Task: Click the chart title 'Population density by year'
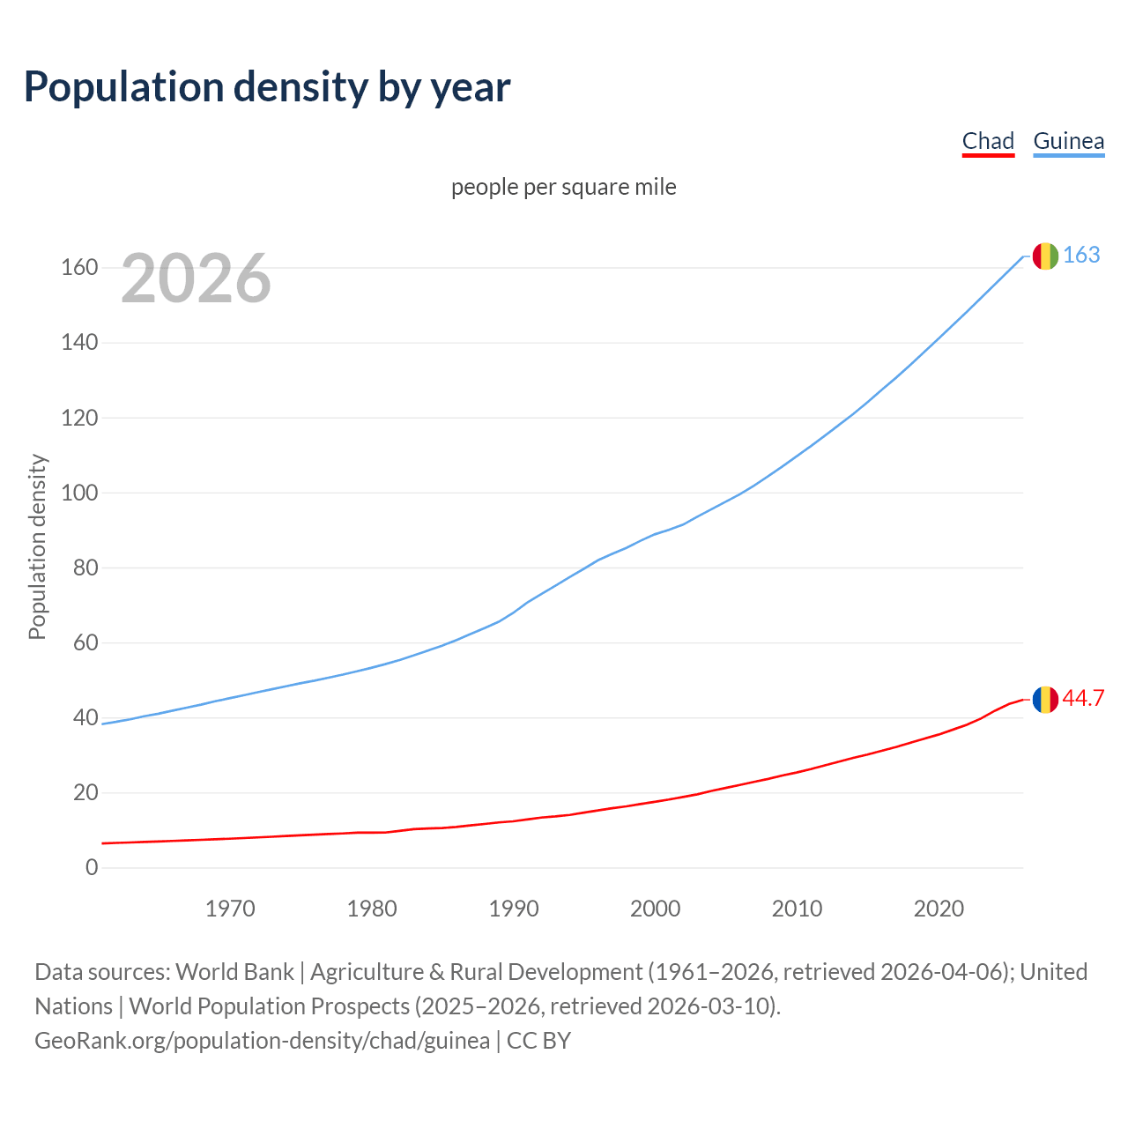(x=267, y=86)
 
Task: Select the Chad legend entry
(x=988, y=141)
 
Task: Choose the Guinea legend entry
(x=1068, y=141)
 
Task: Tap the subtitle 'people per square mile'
(x=563, y=187)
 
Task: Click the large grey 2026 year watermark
(x=196, y=278)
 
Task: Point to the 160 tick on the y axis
(x=79, y=267)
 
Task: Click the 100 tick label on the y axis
(x=79, y=493)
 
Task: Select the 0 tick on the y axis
(x=92, y=868)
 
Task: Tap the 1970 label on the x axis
(x=230, y=909)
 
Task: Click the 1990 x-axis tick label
(x=514, y=909)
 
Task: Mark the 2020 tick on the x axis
(x=939, y=909)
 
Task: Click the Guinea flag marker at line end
(x=1045, y=256)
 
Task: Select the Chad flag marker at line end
(x=1045, y=700)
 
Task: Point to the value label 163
(x=1081, y=255)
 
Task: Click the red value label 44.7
(x=1083, y=699)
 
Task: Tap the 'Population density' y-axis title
(x=37, y=546)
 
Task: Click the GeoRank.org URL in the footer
(x=262, y=1041)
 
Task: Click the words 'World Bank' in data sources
(x=234, y=972)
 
